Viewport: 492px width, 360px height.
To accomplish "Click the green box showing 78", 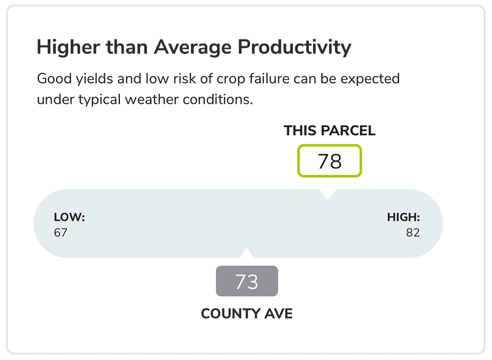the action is tap(330, 161).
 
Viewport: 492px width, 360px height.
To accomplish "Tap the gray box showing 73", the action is tap(247, 281).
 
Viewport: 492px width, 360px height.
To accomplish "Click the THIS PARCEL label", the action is tap(330, 131).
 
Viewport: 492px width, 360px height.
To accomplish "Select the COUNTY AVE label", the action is tap(247, 313).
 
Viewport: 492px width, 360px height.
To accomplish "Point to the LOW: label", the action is tap(69, 217).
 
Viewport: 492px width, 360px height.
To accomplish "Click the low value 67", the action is tap(61, 232).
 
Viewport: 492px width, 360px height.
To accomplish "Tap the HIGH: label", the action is tap(403, 217).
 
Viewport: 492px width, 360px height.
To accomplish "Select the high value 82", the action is tap(413, 232).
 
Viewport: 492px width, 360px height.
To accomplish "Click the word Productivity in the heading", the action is tap(294, 48).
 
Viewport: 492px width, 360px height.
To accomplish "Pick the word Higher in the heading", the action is tap(68, 47).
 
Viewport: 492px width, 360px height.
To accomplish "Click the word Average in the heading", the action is tap(192, 48).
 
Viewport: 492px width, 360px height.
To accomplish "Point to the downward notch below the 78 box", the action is tap(328, 195).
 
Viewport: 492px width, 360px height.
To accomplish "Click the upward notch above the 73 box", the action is tap(247, 253).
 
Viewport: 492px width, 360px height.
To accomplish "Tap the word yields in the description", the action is tap(95, 79).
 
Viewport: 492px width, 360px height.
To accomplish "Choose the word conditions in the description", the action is tap(218, 99).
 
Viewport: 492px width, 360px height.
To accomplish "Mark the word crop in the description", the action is tap(231, 80).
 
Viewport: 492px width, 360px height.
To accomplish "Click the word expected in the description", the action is tap(370, 79).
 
